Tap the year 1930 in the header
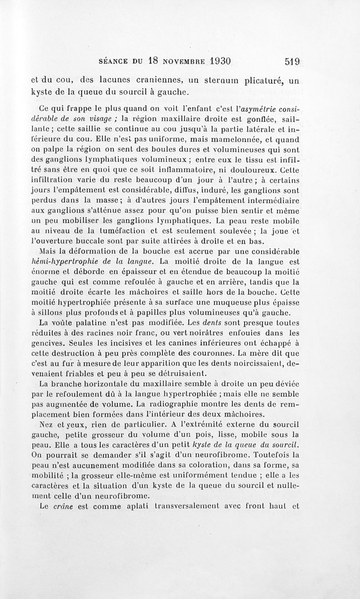pyautogui.click(x=214, y=61)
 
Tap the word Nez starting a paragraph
pyautogui.click(x=47, y=424)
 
